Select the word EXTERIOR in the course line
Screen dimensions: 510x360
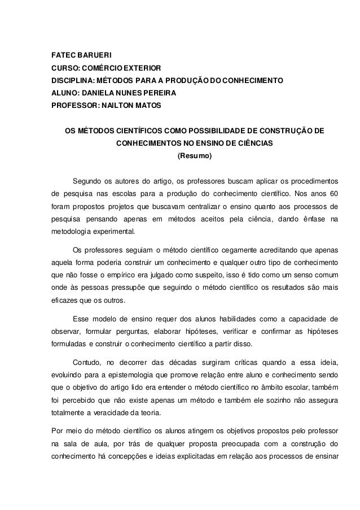[x=142, y=67]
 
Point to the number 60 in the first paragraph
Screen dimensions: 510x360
[x=333, y=194]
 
